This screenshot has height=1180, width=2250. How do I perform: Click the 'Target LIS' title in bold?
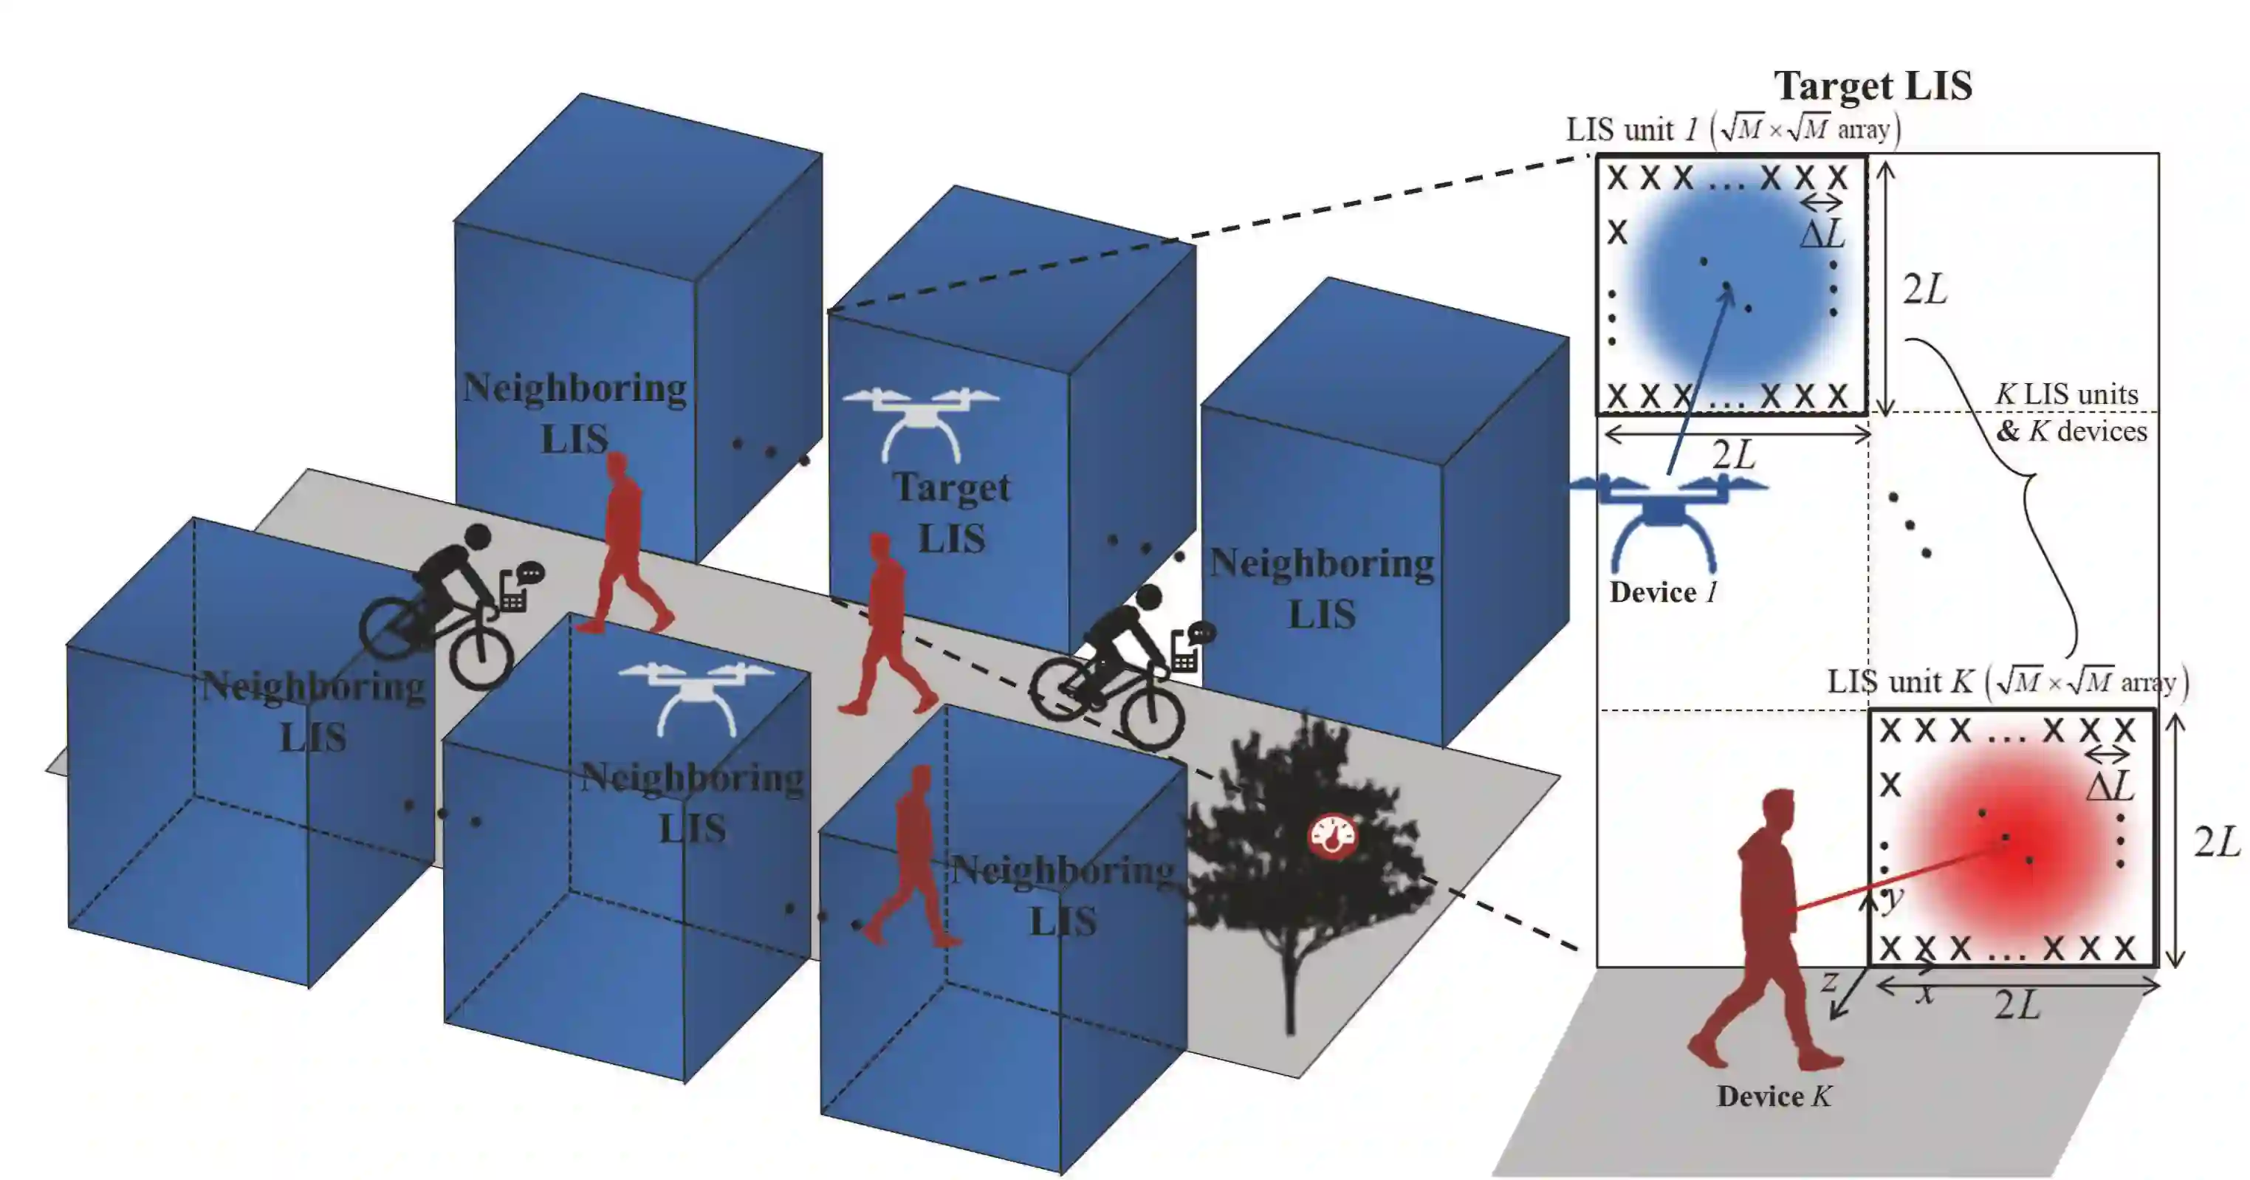click(1873, 86)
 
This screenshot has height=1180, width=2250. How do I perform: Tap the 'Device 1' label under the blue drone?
click(1663, 592)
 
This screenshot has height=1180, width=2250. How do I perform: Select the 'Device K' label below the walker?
click(1773, 1096)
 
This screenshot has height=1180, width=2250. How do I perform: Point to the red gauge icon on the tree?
click(1332, 837)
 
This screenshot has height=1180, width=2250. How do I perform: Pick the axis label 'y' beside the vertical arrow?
click(1892, 896)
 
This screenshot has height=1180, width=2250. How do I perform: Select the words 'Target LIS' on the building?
click(951, 512)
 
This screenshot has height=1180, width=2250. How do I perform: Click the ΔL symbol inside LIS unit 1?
click(1824, 234)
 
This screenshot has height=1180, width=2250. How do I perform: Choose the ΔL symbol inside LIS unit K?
click(2110, 786)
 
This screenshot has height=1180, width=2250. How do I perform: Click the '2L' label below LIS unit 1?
click(1734, 455)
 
